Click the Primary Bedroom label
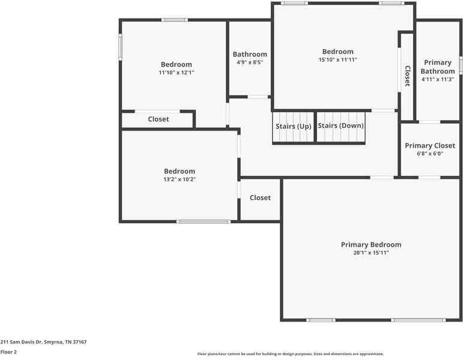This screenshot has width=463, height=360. (x=371, y=245)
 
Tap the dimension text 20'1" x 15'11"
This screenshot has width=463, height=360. (x=371, y=253)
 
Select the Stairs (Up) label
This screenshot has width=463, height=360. (x=294, y=127)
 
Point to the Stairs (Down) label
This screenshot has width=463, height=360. (x=340, y=126)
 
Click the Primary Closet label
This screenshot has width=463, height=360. (x=430, y=146)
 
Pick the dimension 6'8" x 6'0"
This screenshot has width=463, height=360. (x=430, y=154)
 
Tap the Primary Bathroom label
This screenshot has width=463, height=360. (x=438, y=67)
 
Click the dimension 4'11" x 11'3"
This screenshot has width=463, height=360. (x=438, y=79)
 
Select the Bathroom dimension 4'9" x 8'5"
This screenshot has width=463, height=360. (x=250, y=62)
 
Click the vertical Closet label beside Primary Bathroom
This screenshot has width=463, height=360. (x=407, y=76)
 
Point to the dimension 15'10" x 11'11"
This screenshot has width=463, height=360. (x=337, y=60)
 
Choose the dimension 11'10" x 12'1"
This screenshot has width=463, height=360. (x=177, y=73)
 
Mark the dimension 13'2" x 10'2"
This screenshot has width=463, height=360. (x=180, y=179)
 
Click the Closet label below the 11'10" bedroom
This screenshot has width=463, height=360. (x=159, y=119)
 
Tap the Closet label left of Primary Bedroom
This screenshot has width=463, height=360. (x=260, y=198)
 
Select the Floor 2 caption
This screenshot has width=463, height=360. (x=8, y=352)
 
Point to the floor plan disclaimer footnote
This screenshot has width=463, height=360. (x=290, y=354)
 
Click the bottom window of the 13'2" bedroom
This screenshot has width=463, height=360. (x=203, y=221)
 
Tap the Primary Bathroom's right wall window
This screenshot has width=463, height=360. (x=461, y=65)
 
